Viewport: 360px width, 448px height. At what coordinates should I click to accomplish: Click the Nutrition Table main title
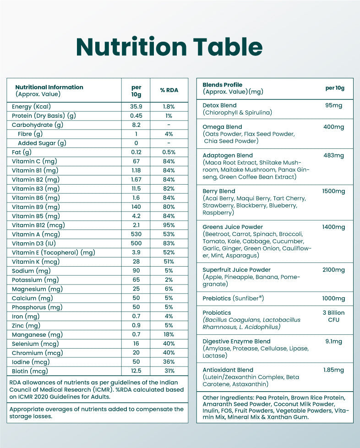point(169,47)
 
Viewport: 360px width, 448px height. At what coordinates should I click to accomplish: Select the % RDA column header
point(169,90)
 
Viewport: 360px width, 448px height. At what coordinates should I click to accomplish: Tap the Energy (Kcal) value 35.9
point(136,106)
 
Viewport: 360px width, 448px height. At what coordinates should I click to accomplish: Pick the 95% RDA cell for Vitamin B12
point(169,225)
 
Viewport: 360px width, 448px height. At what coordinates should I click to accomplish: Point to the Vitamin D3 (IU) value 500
point(136,243)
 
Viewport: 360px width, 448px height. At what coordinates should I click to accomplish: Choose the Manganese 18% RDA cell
point(169,334)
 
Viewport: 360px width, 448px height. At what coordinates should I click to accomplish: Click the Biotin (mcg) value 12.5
point(136,371)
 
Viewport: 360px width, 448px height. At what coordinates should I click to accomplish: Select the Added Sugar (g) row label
point(42,143)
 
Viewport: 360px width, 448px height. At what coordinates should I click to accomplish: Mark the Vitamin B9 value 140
point(136,207)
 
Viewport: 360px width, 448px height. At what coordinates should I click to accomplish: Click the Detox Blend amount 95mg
point(334,105)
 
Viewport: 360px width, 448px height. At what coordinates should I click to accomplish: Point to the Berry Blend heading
point(219,191)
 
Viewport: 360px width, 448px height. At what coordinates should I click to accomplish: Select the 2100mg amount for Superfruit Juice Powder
point(333,270)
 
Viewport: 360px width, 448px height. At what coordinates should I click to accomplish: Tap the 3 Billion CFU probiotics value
point(333,316)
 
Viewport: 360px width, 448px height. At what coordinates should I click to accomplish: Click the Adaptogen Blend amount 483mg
point(333,155)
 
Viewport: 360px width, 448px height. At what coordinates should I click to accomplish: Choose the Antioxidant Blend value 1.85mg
point(333,370)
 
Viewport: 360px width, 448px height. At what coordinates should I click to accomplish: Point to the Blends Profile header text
point(223,85)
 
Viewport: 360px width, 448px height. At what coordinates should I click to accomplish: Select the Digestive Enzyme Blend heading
point(236,341)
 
